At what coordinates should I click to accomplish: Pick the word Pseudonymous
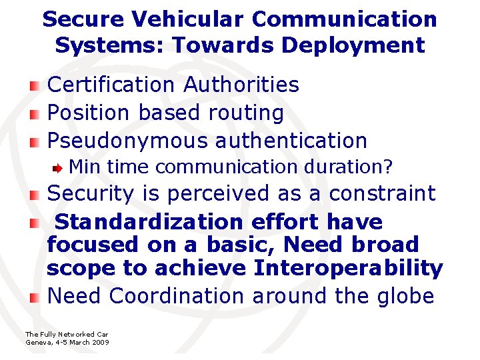(128, 141)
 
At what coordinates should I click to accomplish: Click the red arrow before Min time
(59, 167)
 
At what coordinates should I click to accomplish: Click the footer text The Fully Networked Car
(67, 334)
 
